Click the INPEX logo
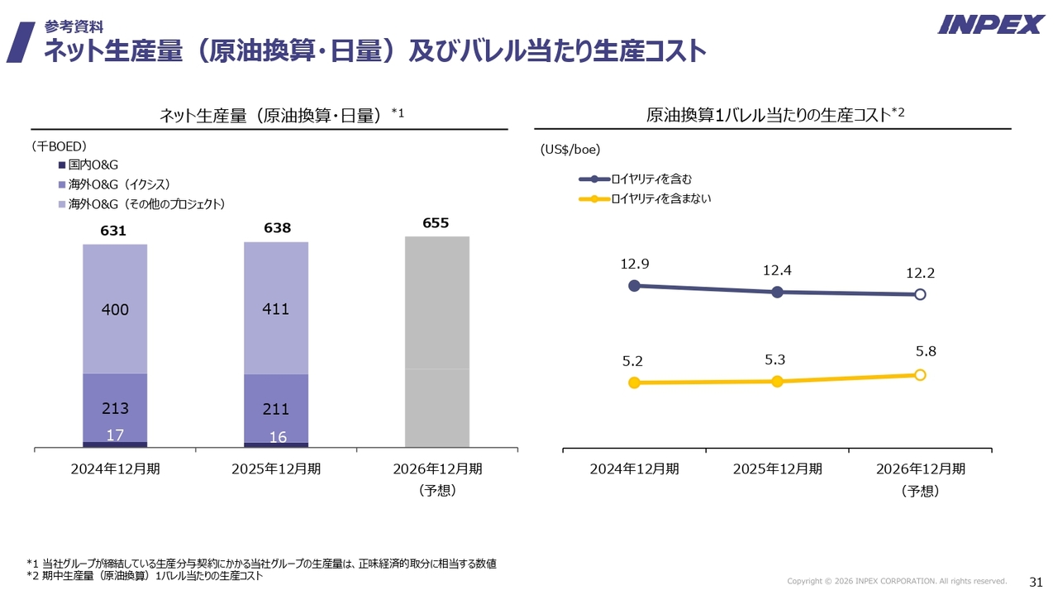coord(990,25)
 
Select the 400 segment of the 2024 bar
coord(115,309)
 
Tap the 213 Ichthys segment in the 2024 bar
coord(115,407)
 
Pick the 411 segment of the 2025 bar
coord(276,309)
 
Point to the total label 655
coord(436,223)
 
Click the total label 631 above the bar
coord(113,231)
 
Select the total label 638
coord(278,228)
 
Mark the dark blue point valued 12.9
coord(634,285)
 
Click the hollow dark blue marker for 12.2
coord(920,294)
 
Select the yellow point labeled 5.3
coord(777,381)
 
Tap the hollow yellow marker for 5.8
coord(920,374)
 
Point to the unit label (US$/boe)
coord(570,150)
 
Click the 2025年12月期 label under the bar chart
coord(276,469)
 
